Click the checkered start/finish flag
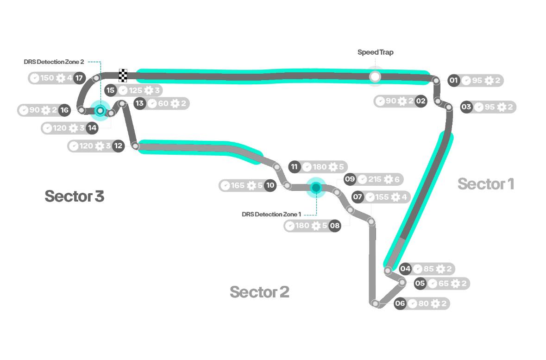[x=123, y=75]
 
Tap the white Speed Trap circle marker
[x=375, y=76]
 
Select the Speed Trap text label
[x=375, y=52]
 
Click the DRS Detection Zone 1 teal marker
[x=316, y=187]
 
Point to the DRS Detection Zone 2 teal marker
[x=100, y=110]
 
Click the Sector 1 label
[x=486, y=184]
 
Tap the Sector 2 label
[x=259, y=292]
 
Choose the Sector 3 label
[x=74, y=196]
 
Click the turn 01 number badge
[x=454, y=81]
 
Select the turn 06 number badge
[x=400, y=303]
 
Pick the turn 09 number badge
[x=350, y=179]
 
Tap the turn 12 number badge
[x=119, y=146]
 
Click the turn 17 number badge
[x=80, y=78]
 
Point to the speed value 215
[x=375, y=179]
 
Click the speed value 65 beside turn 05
[x=444, y=284]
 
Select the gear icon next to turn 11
[x=333, y=167]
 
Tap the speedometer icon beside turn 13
[x=152, y=103]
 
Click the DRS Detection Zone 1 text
[x=271, y=214]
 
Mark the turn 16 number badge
[x=64, y=110]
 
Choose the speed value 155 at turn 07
[x=382, y=197]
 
